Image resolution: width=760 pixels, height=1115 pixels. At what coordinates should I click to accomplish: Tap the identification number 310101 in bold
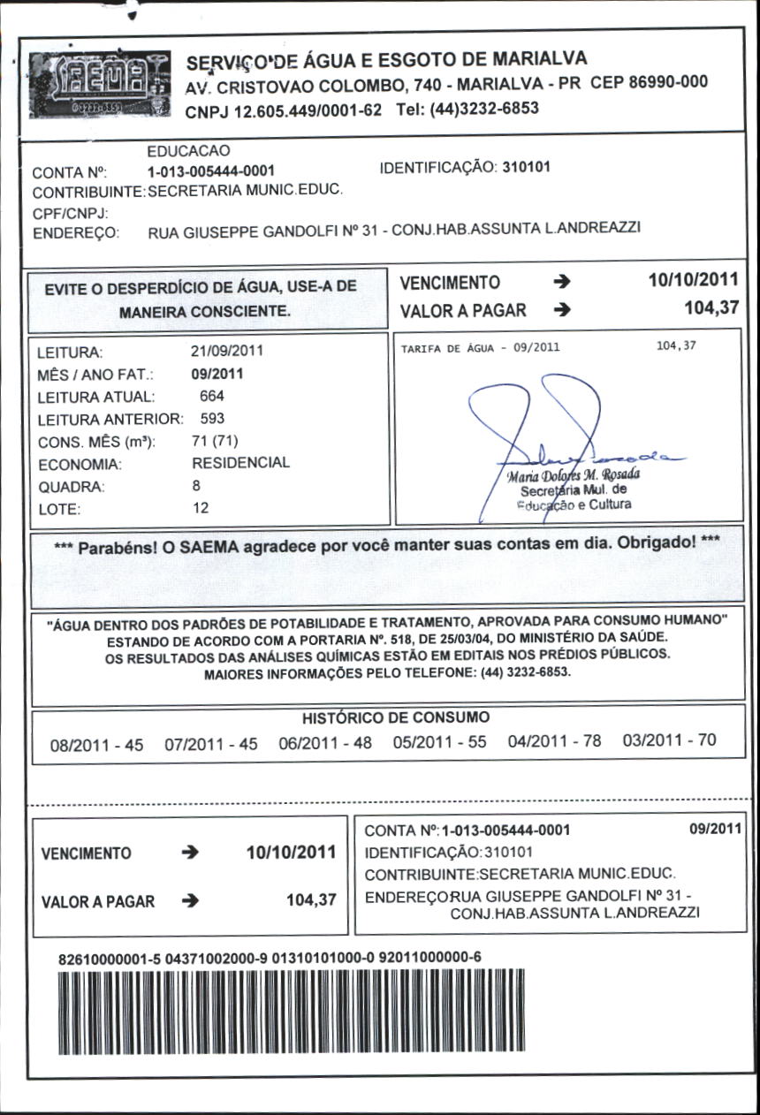tap(526, 166)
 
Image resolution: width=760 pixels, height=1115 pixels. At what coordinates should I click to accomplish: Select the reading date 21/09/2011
tap(227, 351)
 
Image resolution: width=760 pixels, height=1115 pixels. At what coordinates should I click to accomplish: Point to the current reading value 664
tap(212, 397)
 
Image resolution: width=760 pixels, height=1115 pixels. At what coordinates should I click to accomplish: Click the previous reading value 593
tap(212, 419)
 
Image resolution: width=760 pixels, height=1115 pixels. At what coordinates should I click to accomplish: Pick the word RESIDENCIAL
tap(240, 463)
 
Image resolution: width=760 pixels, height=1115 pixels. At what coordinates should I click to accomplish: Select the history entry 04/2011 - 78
tap(554, 742)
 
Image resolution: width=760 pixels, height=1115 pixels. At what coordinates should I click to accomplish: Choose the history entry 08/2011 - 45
tap(96, 746)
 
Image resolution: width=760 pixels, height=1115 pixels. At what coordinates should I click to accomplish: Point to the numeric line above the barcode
tap(270, 958)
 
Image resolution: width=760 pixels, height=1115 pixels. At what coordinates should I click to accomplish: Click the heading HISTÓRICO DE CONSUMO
tap(395, 718)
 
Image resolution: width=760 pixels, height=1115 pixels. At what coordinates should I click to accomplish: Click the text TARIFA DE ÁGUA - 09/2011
tap(480, 348)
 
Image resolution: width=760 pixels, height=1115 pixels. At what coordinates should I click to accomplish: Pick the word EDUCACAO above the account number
tap(188, 152)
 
